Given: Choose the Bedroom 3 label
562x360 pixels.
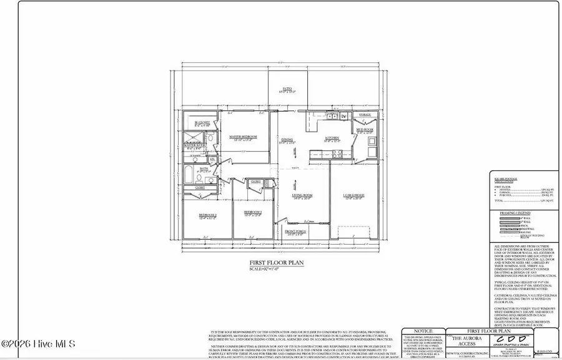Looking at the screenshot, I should point(252,212).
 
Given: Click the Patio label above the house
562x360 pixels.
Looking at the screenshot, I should point(287,89).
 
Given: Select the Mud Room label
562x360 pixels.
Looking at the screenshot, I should point(364,130).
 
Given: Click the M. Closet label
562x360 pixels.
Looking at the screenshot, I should point(202,122).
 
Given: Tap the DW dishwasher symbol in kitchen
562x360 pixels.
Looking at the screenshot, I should point(343,116).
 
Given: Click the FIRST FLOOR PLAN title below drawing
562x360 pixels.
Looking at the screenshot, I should point(277,263).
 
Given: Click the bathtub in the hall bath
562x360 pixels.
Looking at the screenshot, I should point(189,174).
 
